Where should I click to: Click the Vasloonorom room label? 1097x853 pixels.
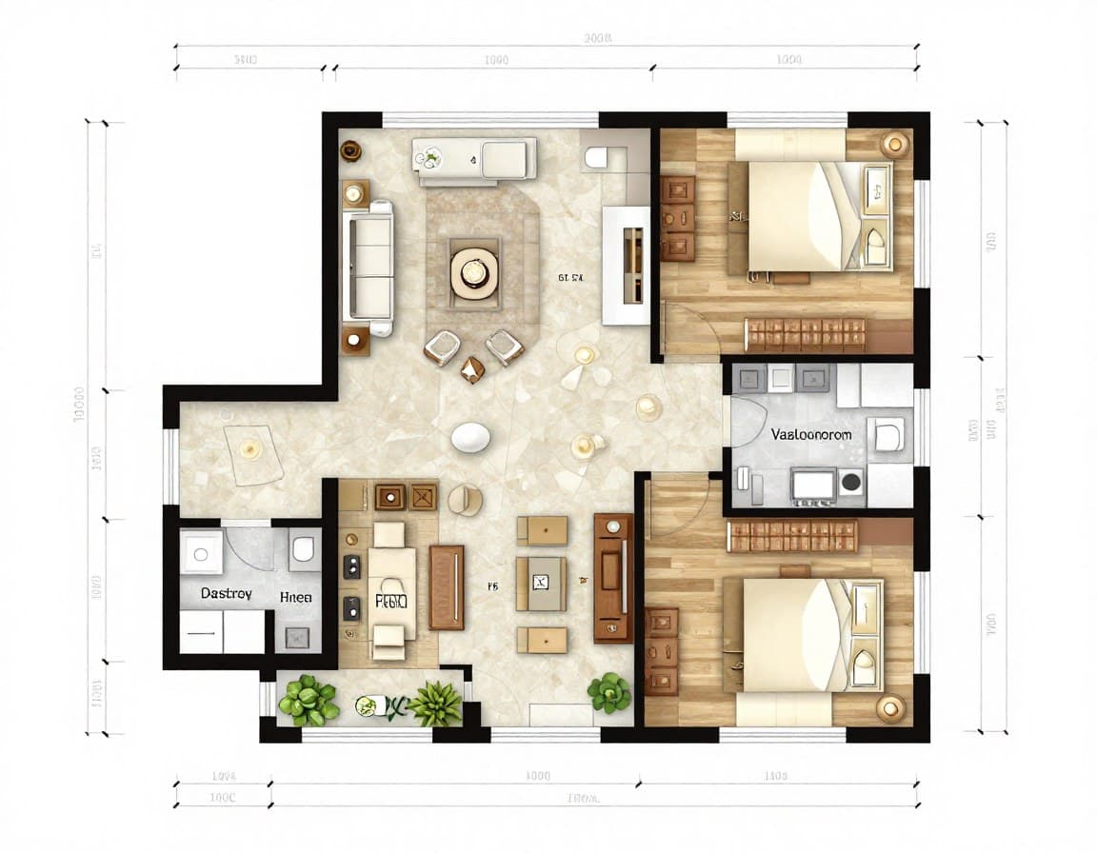point(810,434)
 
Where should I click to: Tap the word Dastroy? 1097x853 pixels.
point(226,593)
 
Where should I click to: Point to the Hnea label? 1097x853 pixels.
point(295,598)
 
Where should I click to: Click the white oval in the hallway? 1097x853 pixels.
point(470,437)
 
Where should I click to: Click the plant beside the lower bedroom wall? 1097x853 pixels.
point(608,692)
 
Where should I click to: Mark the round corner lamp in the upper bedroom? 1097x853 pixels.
point(895,144)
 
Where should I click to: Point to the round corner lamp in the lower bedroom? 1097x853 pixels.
point(891,706)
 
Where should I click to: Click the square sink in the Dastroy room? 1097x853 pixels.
point(201,552)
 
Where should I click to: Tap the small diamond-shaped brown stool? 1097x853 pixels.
point(472,369)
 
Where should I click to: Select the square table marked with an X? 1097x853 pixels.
point(541,584)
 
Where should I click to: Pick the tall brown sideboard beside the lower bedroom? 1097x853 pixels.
point(613,578)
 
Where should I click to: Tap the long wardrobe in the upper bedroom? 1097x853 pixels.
point(806,335)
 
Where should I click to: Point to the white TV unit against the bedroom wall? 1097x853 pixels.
point(626,266)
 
